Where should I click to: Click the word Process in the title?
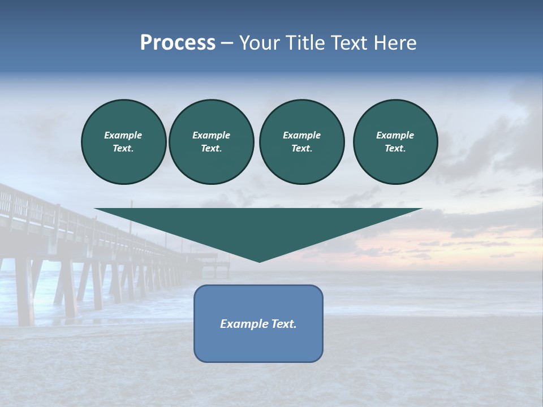178,43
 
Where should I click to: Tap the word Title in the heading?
305,43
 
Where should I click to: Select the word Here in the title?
395,43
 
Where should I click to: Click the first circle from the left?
123,142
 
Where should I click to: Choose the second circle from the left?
211,142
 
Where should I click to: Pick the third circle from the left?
301,142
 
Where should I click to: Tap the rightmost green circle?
395,142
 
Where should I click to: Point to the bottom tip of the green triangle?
259,261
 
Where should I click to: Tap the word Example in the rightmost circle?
395,135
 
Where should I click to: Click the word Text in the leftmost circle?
123,149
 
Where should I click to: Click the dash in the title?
227,44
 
